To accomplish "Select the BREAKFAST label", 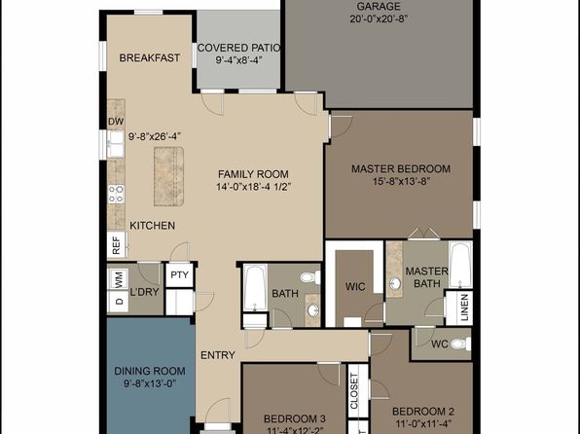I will point(149,58).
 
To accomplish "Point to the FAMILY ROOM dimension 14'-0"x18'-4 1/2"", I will point(255,186).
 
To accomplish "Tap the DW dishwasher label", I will point(115,122).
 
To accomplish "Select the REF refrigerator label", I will point(116,246).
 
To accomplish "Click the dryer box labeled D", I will point(119,303).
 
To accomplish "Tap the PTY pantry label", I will point(179,275).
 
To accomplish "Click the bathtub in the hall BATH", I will point(255,291).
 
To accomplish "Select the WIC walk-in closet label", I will point(354,287).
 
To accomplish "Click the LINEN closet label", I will point(464,306).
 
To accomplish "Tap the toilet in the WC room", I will point(459,344).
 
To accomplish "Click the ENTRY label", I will point(217,355).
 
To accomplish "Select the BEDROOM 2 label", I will point(422,412).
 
